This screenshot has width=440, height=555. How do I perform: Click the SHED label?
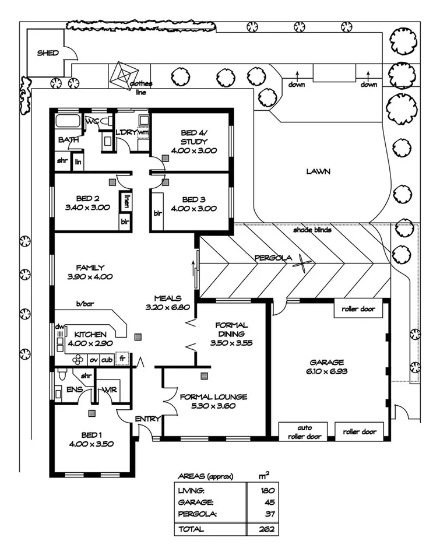48,53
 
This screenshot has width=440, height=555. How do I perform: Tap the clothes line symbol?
124,76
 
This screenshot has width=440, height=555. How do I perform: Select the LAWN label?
318,171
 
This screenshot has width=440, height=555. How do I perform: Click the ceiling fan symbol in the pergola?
304,264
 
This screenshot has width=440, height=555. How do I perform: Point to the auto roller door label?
305,432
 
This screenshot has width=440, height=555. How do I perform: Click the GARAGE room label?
327,362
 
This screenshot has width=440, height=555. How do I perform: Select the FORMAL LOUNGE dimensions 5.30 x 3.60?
213,406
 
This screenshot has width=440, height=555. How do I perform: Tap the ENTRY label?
148,419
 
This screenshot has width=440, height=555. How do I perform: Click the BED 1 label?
91,435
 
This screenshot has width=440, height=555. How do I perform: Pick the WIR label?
110,389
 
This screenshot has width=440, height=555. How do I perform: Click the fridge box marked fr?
122,359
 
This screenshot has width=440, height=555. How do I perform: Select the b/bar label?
85,304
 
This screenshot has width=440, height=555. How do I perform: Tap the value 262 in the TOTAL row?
267,529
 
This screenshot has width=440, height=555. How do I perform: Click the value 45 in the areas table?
269,503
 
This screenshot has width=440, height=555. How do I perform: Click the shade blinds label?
312,230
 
